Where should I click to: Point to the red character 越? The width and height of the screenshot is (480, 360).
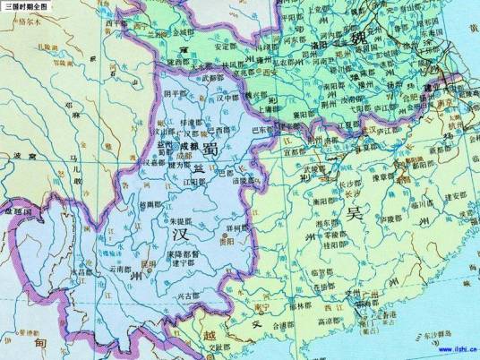point(208,333)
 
